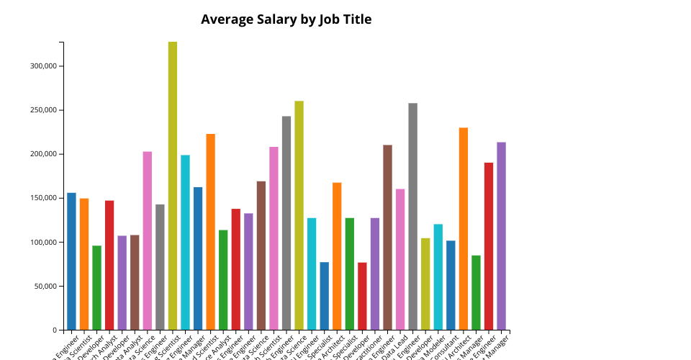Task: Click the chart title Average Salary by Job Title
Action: click(x=286, y=19)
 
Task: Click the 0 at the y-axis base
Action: click(x=54, y=330)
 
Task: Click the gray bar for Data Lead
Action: click(x=412, y=216)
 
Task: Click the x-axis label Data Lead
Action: click(x=398, y=343)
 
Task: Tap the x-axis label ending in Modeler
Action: click(x=423, y=344)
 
